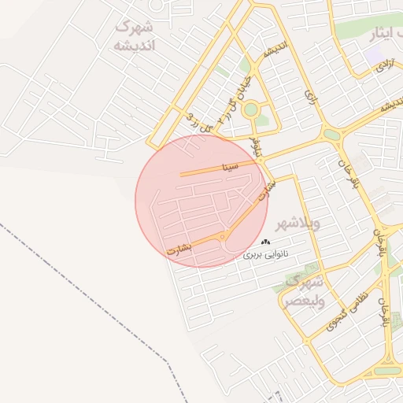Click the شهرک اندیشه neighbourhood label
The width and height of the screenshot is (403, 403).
[x=135, y=36]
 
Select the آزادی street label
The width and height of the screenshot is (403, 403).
[x=383, y=66]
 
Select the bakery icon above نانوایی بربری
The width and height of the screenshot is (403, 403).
[x=265, y=242]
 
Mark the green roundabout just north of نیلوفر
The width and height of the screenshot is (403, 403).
[x=251, y=110]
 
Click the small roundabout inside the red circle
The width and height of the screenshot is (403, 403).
[x=224, y=237]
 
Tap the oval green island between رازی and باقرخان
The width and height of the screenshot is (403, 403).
[x=331, y=135]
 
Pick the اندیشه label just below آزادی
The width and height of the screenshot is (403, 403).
[x=385, y=104]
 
